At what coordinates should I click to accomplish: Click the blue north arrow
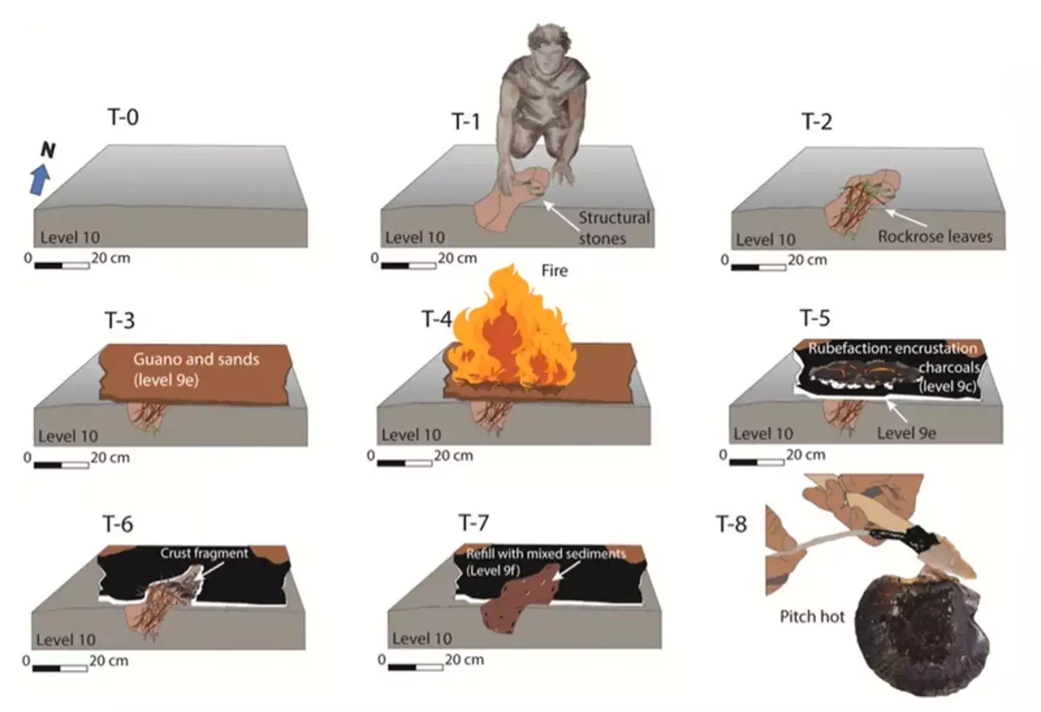(x=40, y=179)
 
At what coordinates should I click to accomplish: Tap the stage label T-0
(x=123, y=117)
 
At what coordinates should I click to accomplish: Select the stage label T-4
(x=437, y=319)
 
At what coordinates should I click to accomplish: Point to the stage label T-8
(x=731, y=523)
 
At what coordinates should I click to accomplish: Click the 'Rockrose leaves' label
(x=935, y=236)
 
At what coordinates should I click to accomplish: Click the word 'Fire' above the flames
(x=554, y=270)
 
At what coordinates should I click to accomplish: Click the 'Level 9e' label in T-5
(x=906, y=433)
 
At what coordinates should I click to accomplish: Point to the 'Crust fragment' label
(x=204, y=553)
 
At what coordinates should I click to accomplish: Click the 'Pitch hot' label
(x=812, y=617)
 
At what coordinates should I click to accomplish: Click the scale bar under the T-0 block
(x=62, y=265)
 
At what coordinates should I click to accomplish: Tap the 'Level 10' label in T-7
(x=421, y=639)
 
